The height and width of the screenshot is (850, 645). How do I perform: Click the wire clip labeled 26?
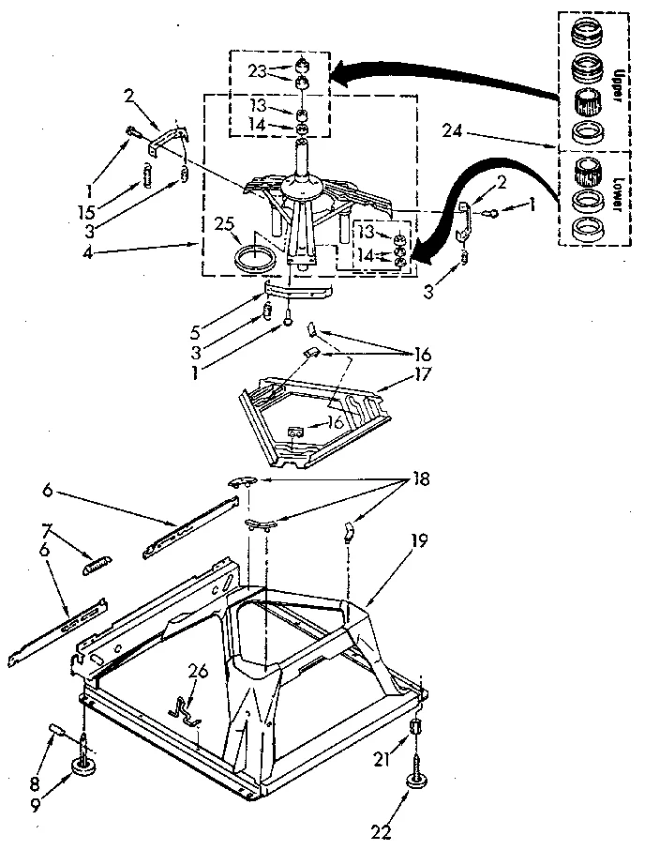[186, 711]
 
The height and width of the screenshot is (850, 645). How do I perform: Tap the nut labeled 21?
[417, 730]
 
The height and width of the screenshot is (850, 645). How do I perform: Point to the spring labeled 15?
[148, 174]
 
